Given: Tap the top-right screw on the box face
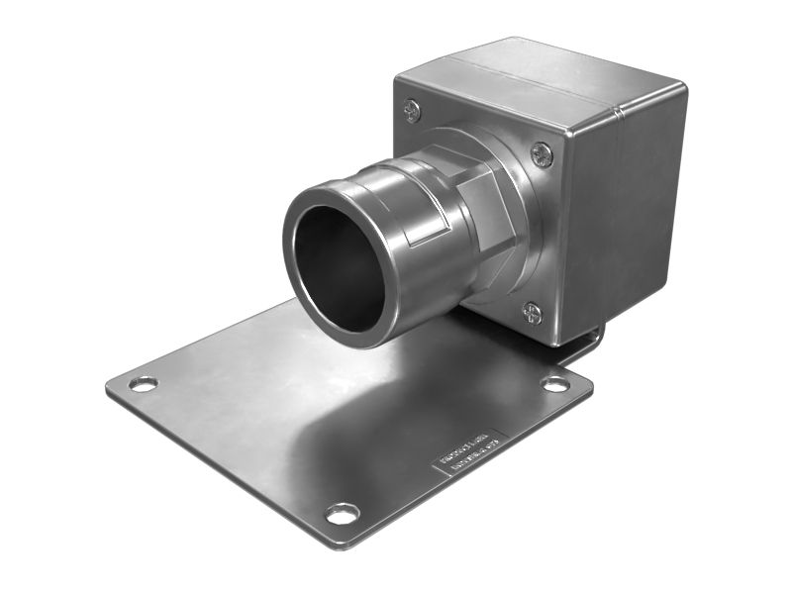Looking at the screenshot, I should [542, 153].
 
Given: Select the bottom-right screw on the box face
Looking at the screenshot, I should [532, 313].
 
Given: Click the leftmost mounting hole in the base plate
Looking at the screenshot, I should [144, 384].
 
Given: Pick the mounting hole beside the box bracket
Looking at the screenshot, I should [555, 383].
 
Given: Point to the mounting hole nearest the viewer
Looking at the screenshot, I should [343, 514].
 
